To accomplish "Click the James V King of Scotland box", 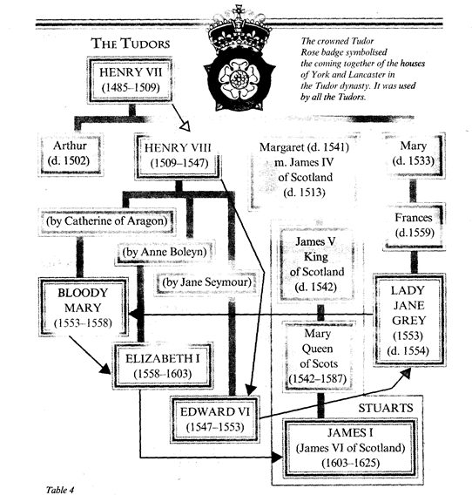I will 323,266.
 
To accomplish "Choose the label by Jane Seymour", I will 199,282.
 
